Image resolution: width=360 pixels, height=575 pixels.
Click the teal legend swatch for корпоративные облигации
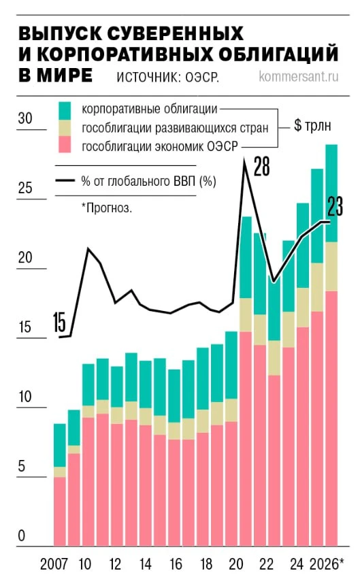65,110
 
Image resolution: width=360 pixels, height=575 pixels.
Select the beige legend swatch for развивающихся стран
65,128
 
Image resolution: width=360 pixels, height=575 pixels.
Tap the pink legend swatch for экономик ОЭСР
65,144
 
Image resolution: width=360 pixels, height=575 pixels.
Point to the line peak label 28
262,166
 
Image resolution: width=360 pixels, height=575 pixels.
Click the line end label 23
335,206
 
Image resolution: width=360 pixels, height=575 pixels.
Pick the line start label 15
59,323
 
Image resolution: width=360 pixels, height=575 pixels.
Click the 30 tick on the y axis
25,118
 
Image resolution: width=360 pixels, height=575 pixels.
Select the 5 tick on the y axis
22,466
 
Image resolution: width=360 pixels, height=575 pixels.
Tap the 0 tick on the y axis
22,536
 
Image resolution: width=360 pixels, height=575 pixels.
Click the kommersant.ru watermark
298,77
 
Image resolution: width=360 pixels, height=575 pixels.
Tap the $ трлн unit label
312,125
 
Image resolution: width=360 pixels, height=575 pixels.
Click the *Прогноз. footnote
107,208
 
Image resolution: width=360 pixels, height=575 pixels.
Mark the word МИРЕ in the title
64,75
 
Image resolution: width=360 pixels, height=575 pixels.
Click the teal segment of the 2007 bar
60,446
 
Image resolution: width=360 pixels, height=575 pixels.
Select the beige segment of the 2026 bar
331,267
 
